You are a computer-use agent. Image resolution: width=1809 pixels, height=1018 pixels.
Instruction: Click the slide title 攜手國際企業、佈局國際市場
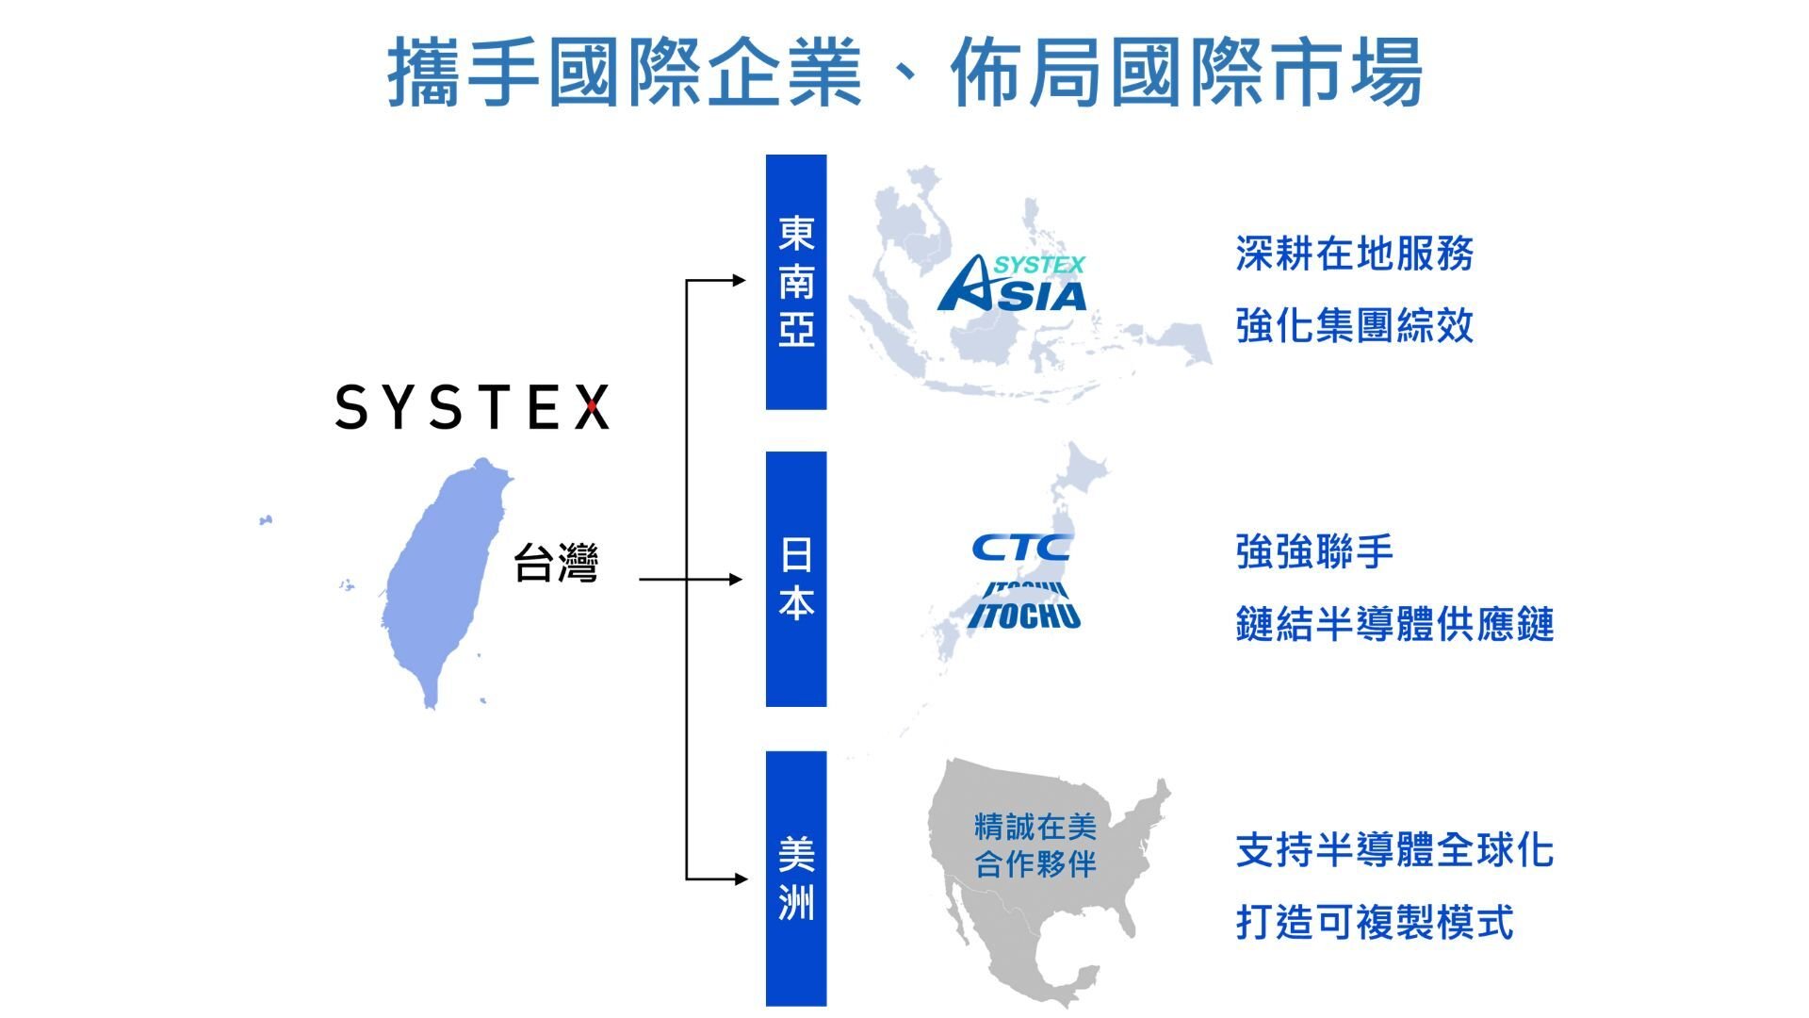pyautogui.click(x=904, y=72)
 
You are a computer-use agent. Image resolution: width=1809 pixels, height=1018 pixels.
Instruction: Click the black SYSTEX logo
pyautogui.click(x=472, y=407)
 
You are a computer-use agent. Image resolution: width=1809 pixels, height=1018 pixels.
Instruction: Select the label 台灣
pyautogui.click(x=555, y=563)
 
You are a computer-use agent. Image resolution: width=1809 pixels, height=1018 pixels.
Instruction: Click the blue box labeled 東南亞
pyautogui.click(x=796, y=282)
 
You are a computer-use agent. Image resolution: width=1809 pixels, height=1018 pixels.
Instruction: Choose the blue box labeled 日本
pyautogui.click(x=796, y=579)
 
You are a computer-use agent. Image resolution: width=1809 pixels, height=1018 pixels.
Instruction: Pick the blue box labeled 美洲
pyautogui.click(x=796, y=878)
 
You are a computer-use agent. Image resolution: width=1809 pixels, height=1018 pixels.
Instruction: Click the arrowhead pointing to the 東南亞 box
pyautogui.click(x=739, y=280)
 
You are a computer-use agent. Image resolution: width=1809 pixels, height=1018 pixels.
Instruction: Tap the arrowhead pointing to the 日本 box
pyautogui.click(x=736, y=579)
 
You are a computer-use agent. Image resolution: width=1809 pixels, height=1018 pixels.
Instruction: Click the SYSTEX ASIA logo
pyautogui.click(x=1012, y=283)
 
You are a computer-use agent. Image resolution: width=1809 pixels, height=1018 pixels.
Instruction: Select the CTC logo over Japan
pyautogui.click(x=1021, y=547)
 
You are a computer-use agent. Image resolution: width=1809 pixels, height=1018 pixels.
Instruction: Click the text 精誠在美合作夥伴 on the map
pyautogui.click(x=1035, y=846)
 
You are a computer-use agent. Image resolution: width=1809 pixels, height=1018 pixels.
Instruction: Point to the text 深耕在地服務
pyautogui.click(x=1355, y=254)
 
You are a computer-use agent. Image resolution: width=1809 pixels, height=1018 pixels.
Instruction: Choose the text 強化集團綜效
pyautogui.click(x=1355, y=325)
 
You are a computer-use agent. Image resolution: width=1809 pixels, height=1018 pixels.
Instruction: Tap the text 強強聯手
pyautogui.click(x=1314, y=551)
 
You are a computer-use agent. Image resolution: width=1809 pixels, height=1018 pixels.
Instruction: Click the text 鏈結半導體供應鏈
pyautogui.click(x=1394, y=624)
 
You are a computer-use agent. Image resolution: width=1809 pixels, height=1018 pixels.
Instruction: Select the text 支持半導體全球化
pyautogui.click(x=1394, y=849)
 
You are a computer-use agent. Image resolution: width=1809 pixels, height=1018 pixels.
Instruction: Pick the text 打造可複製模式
pyautogui.click(x=1375, y=921)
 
